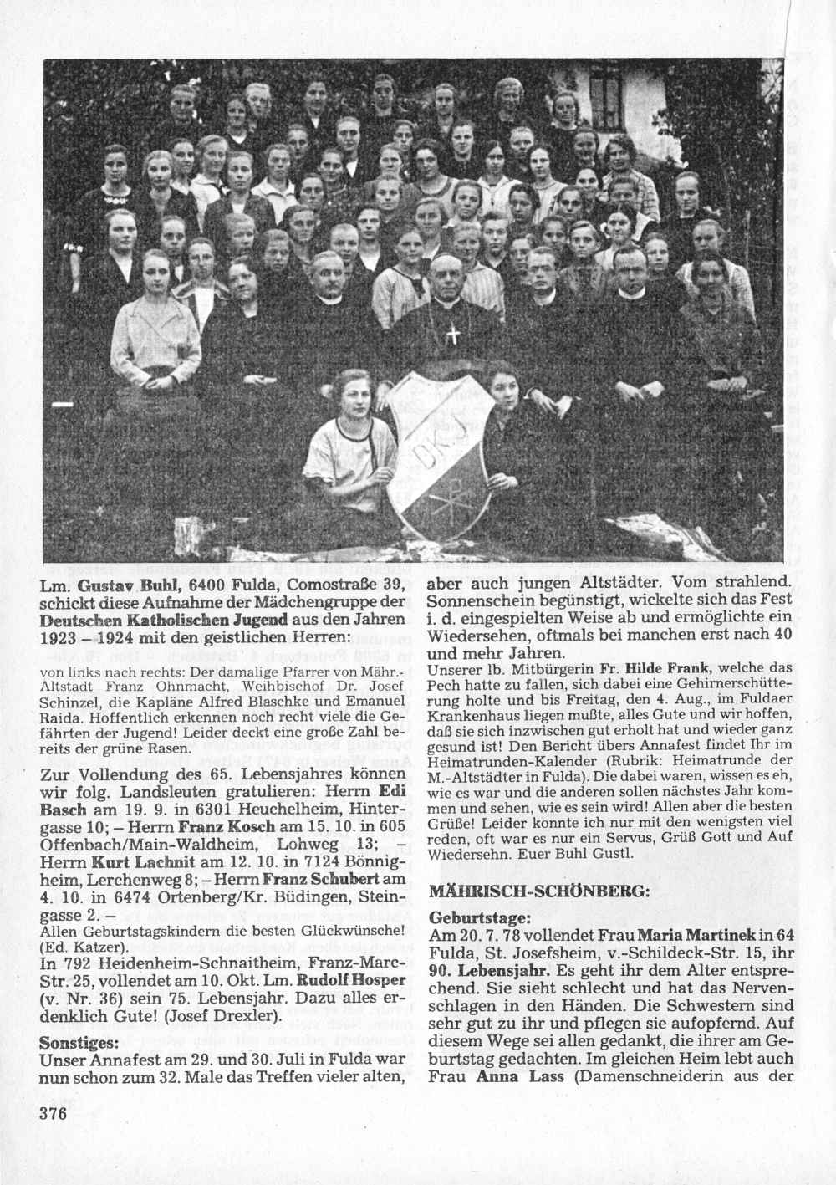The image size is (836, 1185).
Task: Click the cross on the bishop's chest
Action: [453, 335]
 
